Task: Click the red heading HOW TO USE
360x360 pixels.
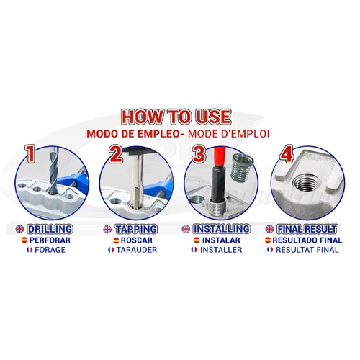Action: [x=176, y=117]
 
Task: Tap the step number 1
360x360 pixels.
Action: [x=30, y=153]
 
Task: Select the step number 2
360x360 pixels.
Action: [x=116, y=154]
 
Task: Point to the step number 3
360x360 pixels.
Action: [x=199, y=154]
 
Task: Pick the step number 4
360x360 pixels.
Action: [x=287, y=153]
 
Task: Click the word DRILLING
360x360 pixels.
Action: [x=50, y=229]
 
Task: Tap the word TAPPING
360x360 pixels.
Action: [x=136, y=229]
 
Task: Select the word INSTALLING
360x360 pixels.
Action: [x=222, y=229]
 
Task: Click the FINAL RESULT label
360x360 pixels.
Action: [x=307, y=229]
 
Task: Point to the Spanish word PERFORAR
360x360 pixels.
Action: [x=50, y=240]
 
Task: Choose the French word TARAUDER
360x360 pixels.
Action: [x=137, y=250]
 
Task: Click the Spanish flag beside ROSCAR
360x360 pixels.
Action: [x=116, y=240]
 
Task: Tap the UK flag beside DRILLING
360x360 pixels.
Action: [x=19, y=229]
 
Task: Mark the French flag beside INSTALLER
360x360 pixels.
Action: [x=194, y=250]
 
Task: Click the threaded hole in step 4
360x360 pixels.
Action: [x=305, y=182]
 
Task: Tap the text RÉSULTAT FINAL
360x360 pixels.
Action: [x=307, y=250]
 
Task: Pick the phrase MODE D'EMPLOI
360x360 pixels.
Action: [x=228, y=134]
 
